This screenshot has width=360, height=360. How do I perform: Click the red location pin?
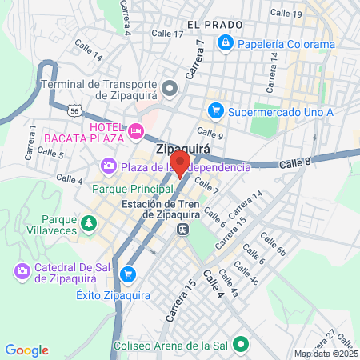pos(180,163)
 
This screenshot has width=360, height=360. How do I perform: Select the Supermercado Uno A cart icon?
pos(214,111)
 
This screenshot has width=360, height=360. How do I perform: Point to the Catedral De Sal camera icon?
pos(22,273)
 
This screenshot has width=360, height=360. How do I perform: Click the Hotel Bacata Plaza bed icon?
pos(136,129)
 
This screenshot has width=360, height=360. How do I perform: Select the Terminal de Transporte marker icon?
pos(168,86)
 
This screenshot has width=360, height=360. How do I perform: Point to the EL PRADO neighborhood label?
pos(214,25)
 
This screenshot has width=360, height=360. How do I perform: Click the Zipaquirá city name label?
pos(181,149)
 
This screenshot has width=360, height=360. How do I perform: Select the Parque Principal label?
pos(133,189)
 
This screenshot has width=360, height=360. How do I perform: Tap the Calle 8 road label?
pos(295,163)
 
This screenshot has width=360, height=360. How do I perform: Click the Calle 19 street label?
pos(286,13)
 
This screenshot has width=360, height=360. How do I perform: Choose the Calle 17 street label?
pos(167,34)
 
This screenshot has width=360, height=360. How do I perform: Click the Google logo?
pos(26,350)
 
